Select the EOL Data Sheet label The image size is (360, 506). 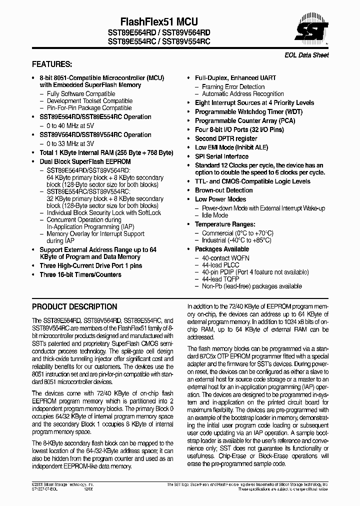[x=308, y=55]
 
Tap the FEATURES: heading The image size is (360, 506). [x=52, y=64]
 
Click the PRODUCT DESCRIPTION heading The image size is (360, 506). [x=74, y=306]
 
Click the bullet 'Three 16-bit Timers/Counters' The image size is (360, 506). [x=80, y=274]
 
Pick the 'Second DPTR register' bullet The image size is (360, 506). [x=226, y=138]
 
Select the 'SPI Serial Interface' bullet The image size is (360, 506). [x=221, y=156]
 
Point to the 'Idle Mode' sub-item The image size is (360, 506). [x=214, y=215]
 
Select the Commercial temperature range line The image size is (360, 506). [x=237, y=233]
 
